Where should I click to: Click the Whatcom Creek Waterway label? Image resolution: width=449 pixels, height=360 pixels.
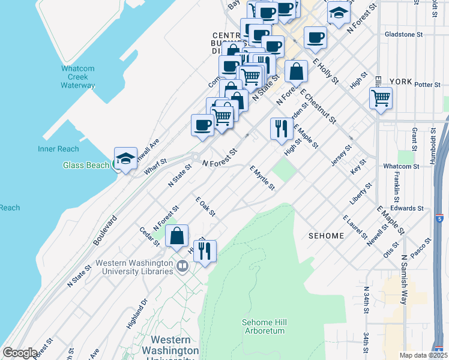click(x=78, y=77)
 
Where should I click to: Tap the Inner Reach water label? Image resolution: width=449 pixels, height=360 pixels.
click(x=58, y=149)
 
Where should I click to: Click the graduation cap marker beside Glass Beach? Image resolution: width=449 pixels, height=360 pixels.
click(x=125, y=159)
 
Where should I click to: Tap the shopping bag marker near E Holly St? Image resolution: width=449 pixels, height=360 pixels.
click(x=297, y=72)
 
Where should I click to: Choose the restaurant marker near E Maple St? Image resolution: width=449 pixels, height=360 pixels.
click(x=280, y=128)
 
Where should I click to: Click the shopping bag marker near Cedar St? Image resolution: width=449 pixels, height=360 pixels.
click(x=177, y=236)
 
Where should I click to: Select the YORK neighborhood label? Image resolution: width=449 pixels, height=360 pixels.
click(x=400, y=81)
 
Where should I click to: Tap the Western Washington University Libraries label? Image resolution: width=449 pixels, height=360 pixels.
click(x=134, y=267)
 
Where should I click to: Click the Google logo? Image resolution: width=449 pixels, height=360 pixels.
click(x=20, y=353)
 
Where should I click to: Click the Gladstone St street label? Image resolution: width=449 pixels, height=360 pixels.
click(x=408, y=34)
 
